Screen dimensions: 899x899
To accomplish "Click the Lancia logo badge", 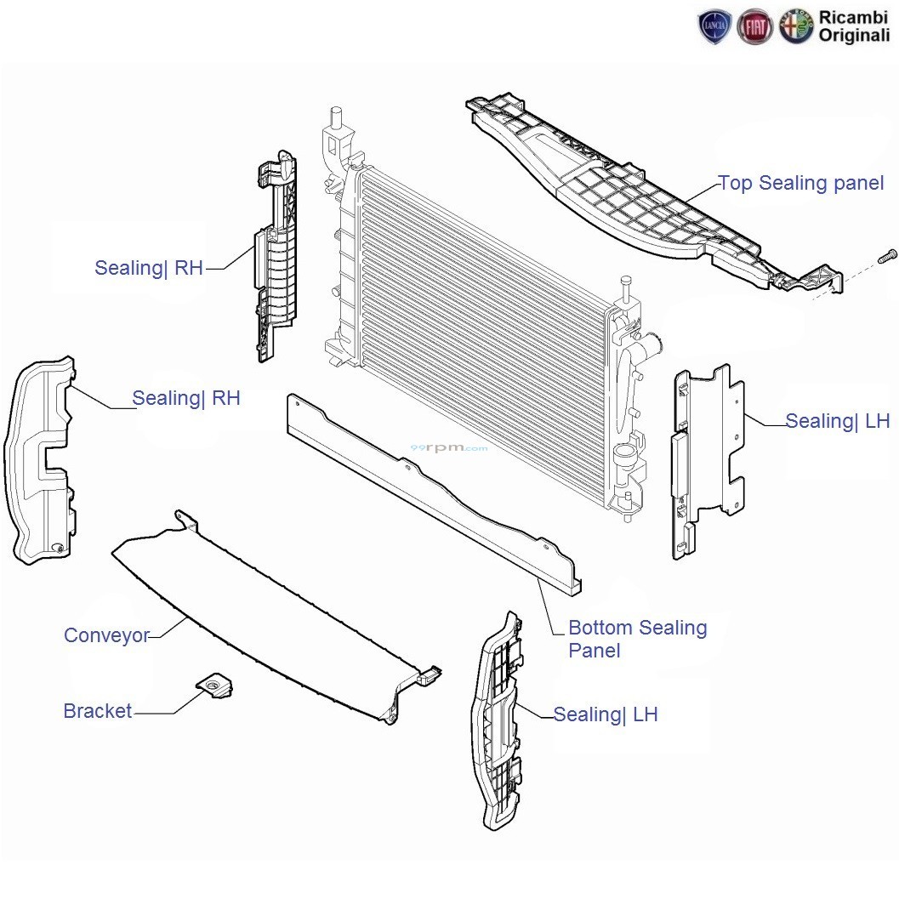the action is point(714,26).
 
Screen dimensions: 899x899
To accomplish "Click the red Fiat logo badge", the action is point(755,26).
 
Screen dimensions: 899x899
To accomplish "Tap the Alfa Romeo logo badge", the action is point(796,26).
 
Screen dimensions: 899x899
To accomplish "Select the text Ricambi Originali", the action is point(854,26).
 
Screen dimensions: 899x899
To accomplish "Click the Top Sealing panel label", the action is point(801,184).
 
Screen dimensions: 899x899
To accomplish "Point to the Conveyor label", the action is point(106,635).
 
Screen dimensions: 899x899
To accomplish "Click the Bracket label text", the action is point(98,711).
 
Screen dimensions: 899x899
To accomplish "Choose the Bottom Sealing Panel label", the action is point(638,639).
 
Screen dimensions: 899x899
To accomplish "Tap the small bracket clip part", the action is point(214,686).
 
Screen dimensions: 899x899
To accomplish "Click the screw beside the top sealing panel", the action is point(888,257).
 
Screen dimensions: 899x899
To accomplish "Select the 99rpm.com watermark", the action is point(449,447).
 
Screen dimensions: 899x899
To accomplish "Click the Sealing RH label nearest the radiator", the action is point(149,268).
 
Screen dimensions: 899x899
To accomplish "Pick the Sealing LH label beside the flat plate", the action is point(837,421).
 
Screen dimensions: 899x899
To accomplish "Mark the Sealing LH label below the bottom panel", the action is point(606,715).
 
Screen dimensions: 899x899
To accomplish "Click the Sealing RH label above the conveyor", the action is point(185,399).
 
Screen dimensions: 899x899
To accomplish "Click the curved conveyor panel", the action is point(276,617).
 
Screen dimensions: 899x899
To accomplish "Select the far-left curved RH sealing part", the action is point(39,458).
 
